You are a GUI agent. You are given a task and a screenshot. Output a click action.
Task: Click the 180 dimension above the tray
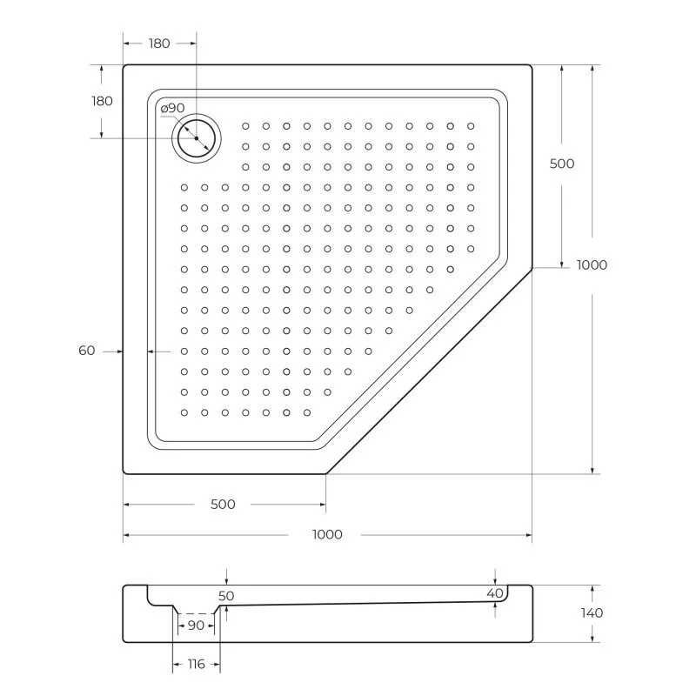[x=158, y=43]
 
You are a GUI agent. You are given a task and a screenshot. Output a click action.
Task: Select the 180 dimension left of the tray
[x=103, y=101]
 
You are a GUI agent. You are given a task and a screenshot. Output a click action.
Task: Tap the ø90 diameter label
[x=172, y=108]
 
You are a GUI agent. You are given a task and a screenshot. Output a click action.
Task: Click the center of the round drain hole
[x=197, y=138]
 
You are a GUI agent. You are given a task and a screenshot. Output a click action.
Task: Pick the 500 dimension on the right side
[x=562, y=164]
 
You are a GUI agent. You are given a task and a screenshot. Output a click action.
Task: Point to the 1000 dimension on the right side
[x=592, y=265]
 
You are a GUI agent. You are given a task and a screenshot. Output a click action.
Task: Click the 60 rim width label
[x=87, y=351]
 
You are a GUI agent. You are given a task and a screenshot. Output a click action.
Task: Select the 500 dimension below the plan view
[x=224, y=505]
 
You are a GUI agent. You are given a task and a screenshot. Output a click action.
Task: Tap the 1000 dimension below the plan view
[x=327, y=535]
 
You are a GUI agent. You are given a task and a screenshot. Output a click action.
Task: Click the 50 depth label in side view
[x=226, y=596]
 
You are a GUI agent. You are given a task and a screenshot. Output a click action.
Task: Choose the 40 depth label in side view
[x=495, y=593]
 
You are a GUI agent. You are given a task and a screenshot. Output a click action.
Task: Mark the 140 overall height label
[x=592, y=613]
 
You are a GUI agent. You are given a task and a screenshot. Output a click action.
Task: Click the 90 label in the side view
[x=196, y=626]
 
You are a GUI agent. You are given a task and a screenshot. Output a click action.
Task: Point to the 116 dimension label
[x=196, y=665]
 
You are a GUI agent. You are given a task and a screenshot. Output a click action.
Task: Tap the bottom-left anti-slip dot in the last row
[x=184, y=412]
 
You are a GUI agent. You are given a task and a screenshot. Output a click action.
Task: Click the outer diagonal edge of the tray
[x=429, y=371]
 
